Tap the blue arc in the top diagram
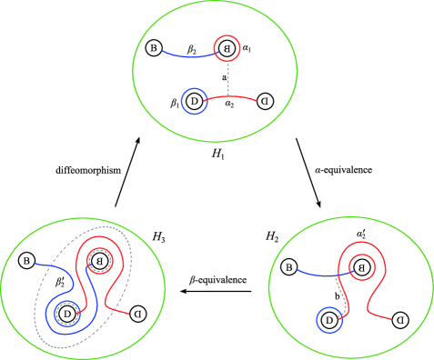click(x=187, y=55)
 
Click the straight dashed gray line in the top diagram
click(x=227, y=78)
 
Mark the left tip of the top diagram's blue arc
click(x=162, y=51)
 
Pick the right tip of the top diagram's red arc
click(x=258, y=99)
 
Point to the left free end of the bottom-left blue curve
click(x=35, y=265)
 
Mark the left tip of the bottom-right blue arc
click(x=298, y=269)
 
